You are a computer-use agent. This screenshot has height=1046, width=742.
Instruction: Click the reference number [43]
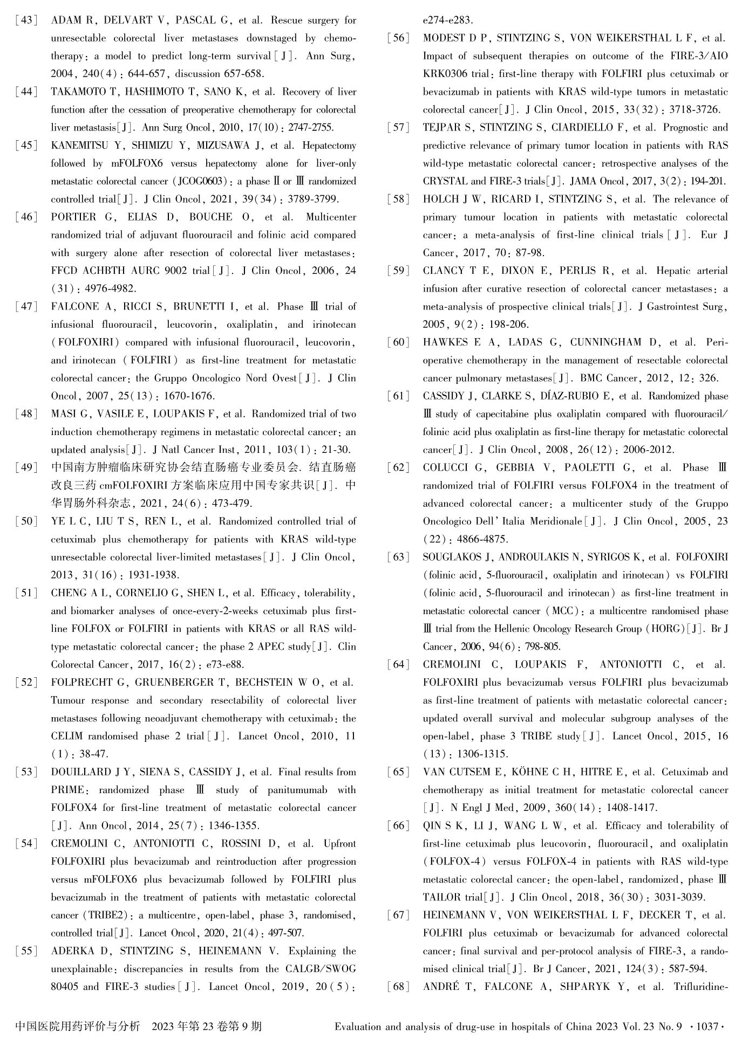click(26, 20)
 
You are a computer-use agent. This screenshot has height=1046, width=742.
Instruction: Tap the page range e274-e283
click(447, 20)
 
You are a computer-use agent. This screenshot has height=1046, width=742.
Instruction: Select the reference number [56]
click(398, 38)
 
